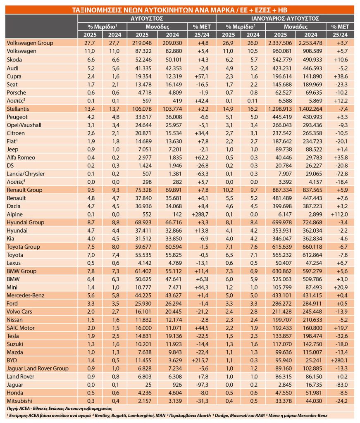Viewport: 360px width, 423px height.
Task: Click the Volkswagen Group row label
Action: (30, 43)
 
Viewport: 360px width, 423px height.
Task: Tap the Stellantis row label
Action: (18, 109)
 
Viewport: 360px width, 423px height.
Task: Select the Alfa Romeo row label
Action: (21, 157)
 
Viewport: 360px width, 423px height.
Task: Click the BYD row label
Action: (12, 360)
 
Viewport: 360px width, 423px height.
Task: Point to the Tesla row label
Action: (13, 336)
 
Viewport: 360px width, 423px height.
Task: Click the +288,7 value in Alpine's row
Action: (200, 214)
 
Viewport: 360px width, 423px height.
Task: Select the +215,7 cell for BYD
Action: (200, 360)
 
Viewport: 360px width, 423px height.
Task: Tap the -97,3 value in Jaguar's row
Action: (202, 385)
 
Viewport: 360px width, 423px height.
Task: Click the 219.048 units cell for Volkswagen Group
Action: (142, 43)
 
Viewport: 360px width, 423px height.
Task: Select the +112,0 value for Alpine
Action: (339, 214)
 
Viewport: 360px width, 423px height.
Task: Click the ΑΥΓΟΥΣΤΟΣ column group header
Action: (147, 19)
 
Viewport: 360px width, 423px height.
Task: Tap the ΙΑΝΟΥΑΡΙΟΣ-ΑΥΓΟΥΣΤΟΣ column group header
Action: (285, 19)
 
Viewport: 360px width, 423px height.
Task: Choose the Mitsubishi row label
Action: (19, 401)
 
